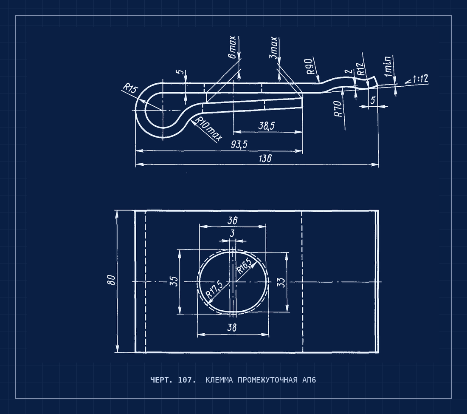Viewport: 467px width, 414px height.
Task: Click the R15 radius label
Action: click(130, 88)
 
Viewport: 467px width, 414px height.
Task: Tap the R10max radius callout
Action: click(208, 128)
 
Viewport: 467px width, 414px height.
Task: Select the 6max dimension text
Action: click(232, 47)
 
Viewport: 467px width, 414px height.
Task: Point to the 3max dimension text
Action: click(274, 48)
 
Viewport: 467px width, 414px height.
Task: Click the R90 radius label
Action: click(310, 66)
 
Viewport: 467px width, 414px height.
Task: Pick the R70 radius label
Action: click(338, 109)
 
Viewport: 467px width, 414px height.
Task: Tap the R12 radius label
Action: click(360, 69)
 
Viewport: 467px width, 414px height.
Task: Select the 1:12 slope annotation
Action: click(417, 79)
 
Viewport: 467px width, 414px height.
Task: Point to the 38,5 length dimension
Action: click(267, 126)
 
